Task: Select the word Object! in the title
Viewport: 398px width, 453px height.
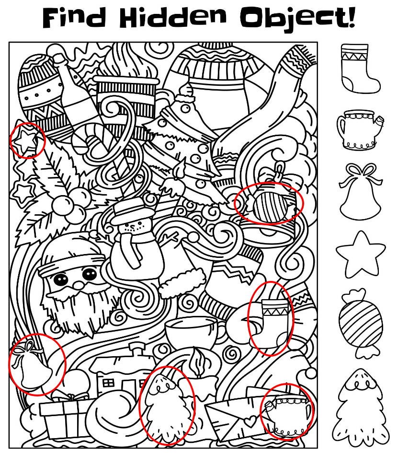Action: tap(297, 18)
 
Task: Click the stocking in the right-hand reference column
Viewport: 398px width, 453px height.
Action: tap(360, 69)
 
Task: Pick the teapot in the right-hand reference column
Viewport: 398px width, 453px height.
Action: tap(360, 129)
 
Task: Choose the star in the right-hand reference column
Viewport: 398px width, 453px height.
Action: tap(361, 254)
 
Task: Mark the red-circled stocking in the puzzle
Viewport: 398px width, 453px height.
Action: tap(273, 320)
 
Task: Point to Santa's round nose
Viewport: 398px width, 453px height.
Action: tap(77, 285)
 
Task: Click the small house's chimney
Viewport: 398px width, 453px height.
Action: tap(136, 349)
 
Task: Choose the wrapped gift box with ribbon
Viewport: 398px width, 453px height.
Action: tap(64, 416)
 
